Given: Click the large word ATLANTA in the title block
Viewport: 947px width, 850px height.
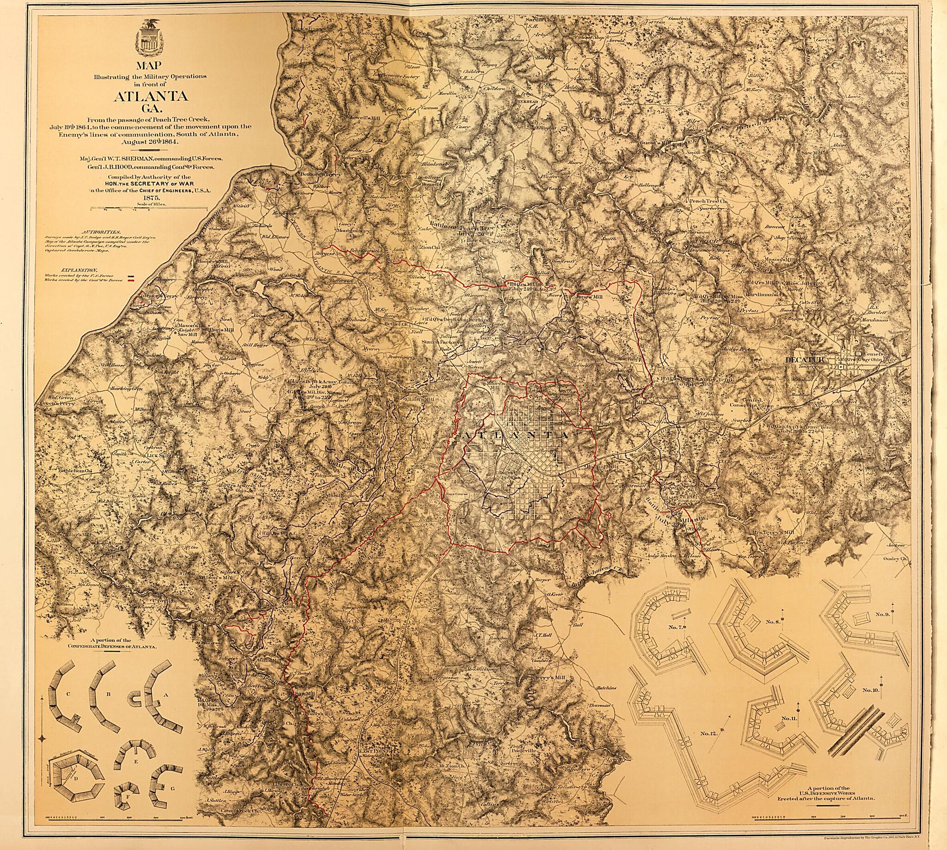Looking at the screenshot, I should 150,97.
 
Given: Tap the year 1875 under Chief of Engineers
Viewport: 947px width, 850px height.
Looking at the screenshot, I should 150,198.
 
